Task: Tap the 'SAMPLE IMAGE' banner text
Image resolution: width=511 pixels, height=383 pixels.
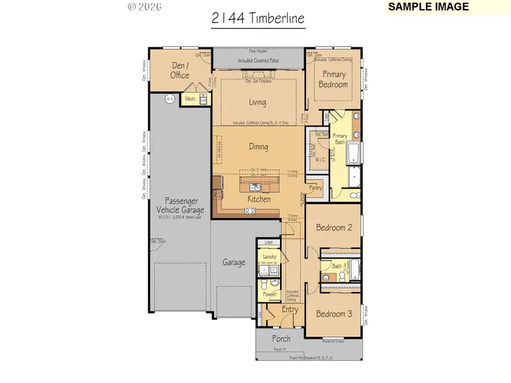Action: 428,7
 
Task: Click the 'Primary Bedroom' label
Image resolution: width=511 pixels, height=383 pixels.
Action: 335,79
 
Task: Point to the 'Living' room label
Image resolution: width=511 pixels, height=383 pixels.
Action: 257,103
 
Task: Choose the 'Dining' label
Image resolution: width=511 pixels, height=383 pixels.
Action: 258,147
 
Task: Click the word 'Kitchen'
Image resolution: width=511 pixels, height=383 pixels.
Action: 258,200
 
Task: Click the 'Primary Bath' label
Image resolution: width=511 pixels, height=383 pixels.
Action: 340,139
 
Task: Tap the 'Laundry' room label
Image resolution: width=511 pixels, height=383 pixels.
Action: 269,256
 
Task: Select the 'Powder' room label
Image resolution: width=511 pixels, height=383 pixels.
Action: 269,294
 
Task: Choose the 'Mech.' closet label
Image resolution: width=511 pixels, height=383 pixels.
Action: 191,99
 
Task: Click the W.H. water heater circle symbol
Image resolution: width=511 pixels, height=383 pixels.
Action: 169,99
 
